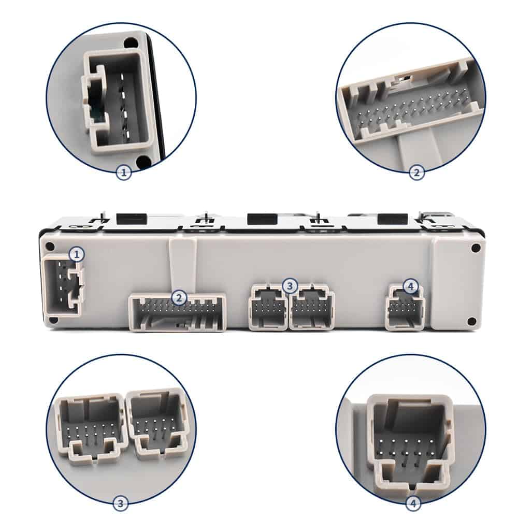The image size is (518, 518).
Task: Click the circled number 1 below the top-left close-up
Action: coord(124,173)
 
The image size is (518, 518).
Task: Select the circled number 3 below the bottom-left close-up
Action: coord(121,502)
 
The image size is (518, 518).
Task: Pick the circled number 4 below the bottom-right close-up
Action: coord(413,502)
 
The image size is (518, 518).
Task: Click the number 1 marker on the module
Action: coord(77,254)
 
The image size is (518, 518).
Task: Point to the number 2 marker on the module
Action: coord(179,297)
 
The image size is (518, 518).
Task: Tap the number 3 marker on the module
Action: coord(290,285)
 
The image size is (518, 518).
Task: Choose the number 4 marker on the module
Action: coord(411,285)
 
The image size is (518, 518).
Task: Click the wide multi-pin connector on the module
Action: coord(177,312)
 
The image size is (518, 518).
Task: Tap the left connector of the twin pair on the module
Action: coord(268,309)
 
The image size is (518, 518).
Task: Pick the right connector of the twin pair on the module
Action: coord(312,309)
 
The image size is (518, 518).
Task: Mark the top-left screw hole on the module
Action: coord(50,247)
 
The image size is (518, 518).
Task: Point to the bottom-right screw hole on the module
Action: coord(471,321)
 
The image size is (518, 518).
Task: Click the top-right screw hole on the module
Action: coord(476,248)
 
